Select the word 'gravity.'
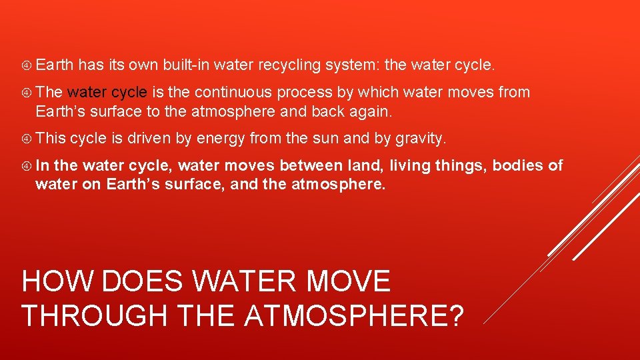coord(420,139)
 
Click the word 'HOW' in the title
coord(53,281)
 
